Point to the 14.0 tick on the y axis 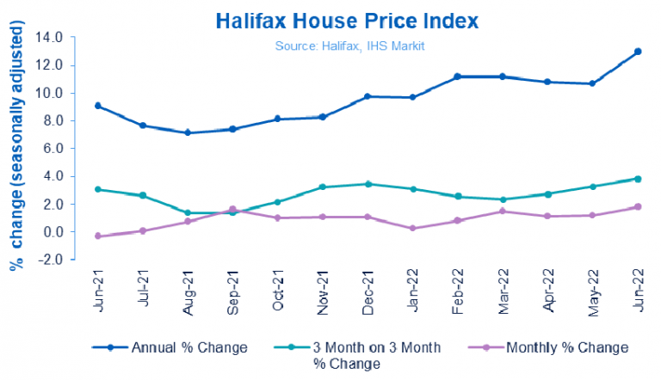tap(51, 37)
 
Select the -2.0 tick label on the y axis tap(51, 260)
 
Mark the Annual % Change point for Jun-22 tap(638, 52)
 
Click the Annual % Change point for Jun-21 tap(97, 106)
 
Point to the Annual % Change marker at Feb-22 tap(457, 77)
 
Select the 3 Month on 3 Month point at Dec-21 tap(368, 184)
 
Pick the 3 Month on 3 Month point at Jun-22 tap(638, 179)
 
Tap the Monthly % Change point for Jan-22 tap(413, 228)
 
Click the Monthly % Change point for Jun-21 tap(97, 236)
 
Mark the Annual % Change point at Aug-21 tap(188, 132)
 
